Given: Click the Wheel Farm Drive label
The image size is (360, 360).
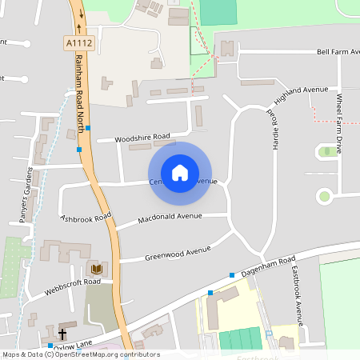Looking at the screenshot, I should [x=340, y=124].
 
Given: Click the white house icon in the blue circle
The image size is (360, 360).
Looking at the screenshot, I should [x=180, y=173].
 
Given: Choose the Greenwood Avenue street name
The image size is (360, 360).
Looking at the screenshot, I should [x=177, y=254].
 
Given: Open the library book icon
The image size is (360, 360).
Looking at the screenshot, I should [x=96, y=270].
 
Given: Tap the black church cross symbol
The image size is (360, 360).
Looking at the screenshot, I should [x=62, y=333].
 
